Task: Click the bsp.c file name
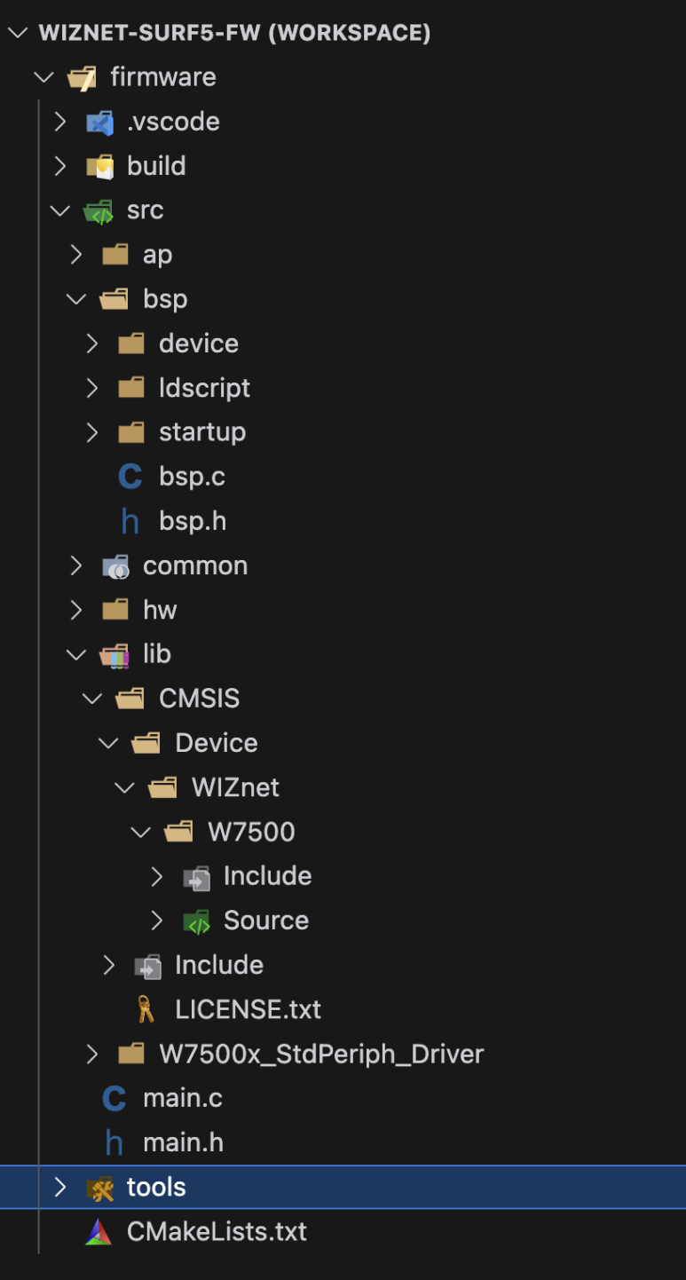pyautogui.click(x=192, y=477)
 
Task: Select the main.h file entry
pyautogui.click(x=183, y=1142)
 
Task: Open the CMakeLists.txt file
pyautogui.click(x=217, y=1231)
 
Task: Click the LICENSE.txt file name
pyautogui.click(x=248, y=1009)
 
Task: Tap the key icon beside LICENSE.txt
pyautogui.click(x=146, y=1009)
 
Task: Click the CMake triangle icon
pyautogui.click(x=99, y=1232)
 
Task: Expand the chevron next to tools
pyautogui.click(x=60, y=1187)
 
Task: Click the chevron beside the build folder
pyautogui.click(x=60, y=166)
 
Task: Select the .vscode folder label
pyautogui.click(x=173, y=122)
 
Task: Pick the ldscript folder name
pyautogui.click(x=204, y=388)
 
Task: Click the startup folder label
pyautogui.click(x=202, y=432)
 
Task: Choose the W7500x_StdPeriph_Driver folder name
pyautogui.click(x=321, y=1054)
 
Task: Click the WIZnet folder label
pyautogui.click(x=235, y=787)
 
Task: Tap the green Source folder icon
pyautogui.click(x=196, y=921)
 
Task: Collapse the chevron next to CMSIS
pyautogui.click(x=92, y=699)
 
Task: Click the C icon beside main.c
pyautogui.click(x=114, y=1098)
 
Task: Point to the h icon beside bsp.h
pyautogui.click(x=130, y=521)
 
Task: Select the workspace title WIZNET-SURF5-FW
pyautogui.click(x=234, y=33)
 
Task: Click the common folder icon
pyautogui.click(x=115, y=566)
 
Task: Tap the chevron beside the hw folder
pyautogui.click(x=76, y=610)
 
